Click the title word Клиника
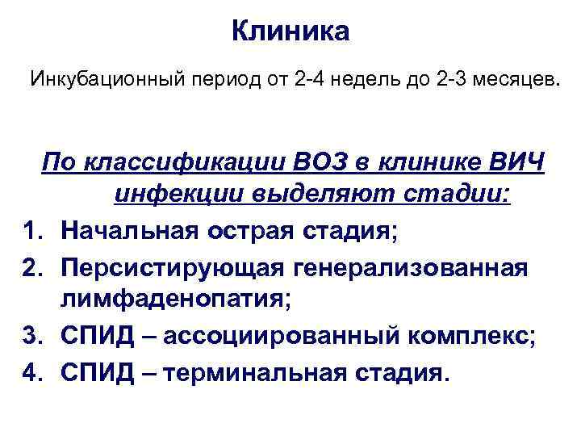tap(290, 31)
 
